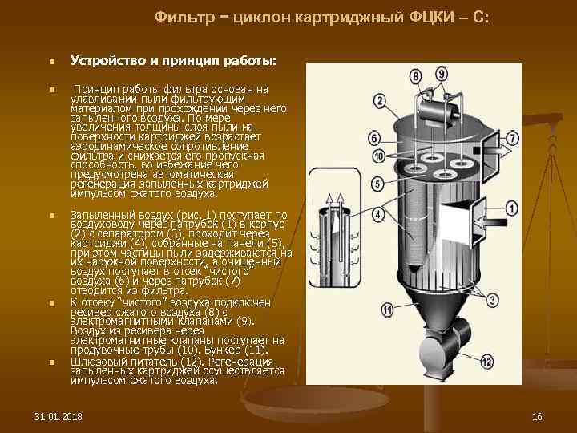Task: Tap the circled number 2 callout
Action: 379,102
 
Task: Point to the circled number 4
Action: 377,214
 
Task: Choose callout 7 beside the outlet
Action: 512,139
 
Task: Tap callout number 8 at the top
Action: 414,76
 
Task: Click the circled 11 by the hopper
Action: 387,308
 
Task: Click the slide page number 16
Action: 537,417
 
